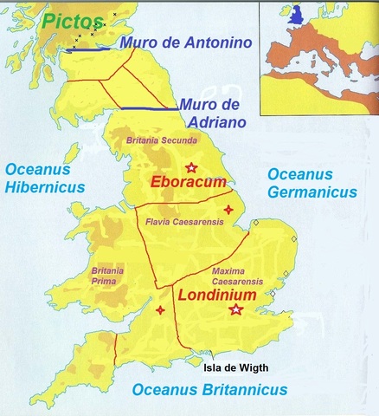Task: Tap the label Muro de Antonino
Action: (x=184, y=42)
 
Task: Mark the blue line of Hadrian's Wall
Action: (x=146, y=109)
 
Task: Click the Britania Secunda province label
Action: (x=162, y=140)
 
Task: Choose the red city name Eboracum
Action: (x=188, y=183)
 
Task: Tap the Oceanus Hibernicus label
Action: (x=42, y=178)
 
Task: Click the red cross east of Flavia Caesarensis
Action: (x=228, y=210)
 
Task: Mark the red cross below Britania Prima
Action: (x=159, y=310)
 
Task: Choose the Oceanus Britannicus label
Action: (x=209, y=391)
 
